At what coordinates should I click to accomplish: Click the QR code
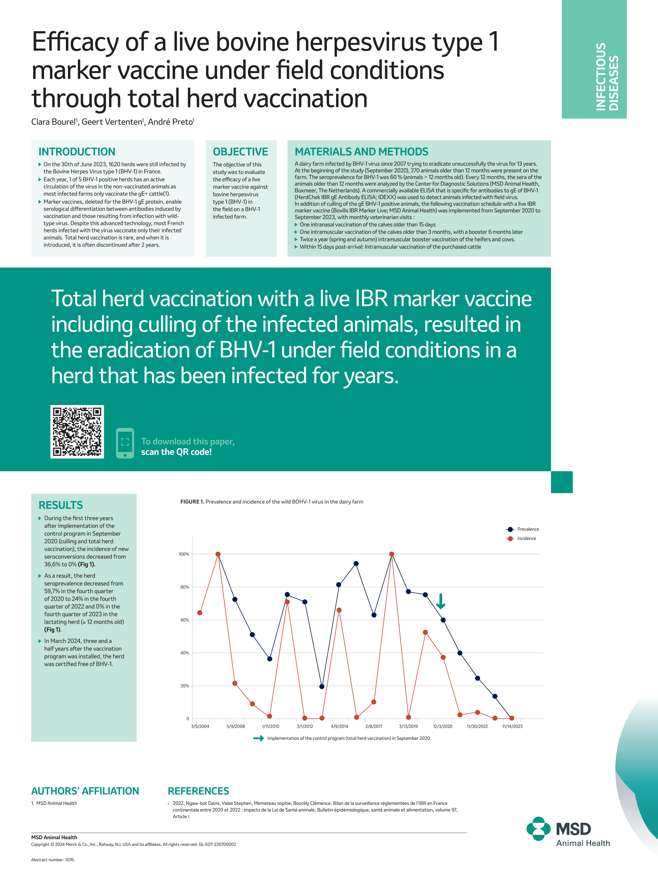pos(77,431)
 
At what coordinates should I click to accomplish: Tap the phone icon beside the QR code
pos(125,443)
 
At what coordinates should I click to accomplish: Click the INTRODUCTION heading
pos(77,152)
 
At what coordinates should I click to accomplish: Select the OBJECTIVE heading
pos(240,152)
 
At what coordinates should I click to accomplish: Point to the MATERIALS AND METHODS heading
pos(361,152)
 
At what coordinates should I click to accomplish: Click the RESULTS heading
pos(61,505)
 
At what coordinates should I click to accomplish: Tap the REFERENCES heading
pos(198,791)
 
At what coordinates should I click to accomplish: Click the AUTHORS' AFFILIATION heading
pos(85,791)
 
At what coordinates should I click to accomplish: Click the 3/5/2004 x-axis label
pos(200,726)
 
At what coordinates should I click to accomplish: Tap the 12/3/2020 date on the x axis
pos(442,726)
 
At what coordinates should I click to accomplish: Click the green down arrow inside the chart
pos(441,601)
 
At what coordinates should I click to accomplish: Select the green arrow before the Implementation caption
pos(259,738)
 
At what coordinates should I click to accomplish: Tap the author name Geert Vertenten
pos(112,122)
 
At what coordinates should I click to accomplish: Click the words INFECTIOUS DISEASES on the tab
pos(607,76)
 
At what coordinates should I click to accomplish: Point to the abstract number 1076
pos(53,860)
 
